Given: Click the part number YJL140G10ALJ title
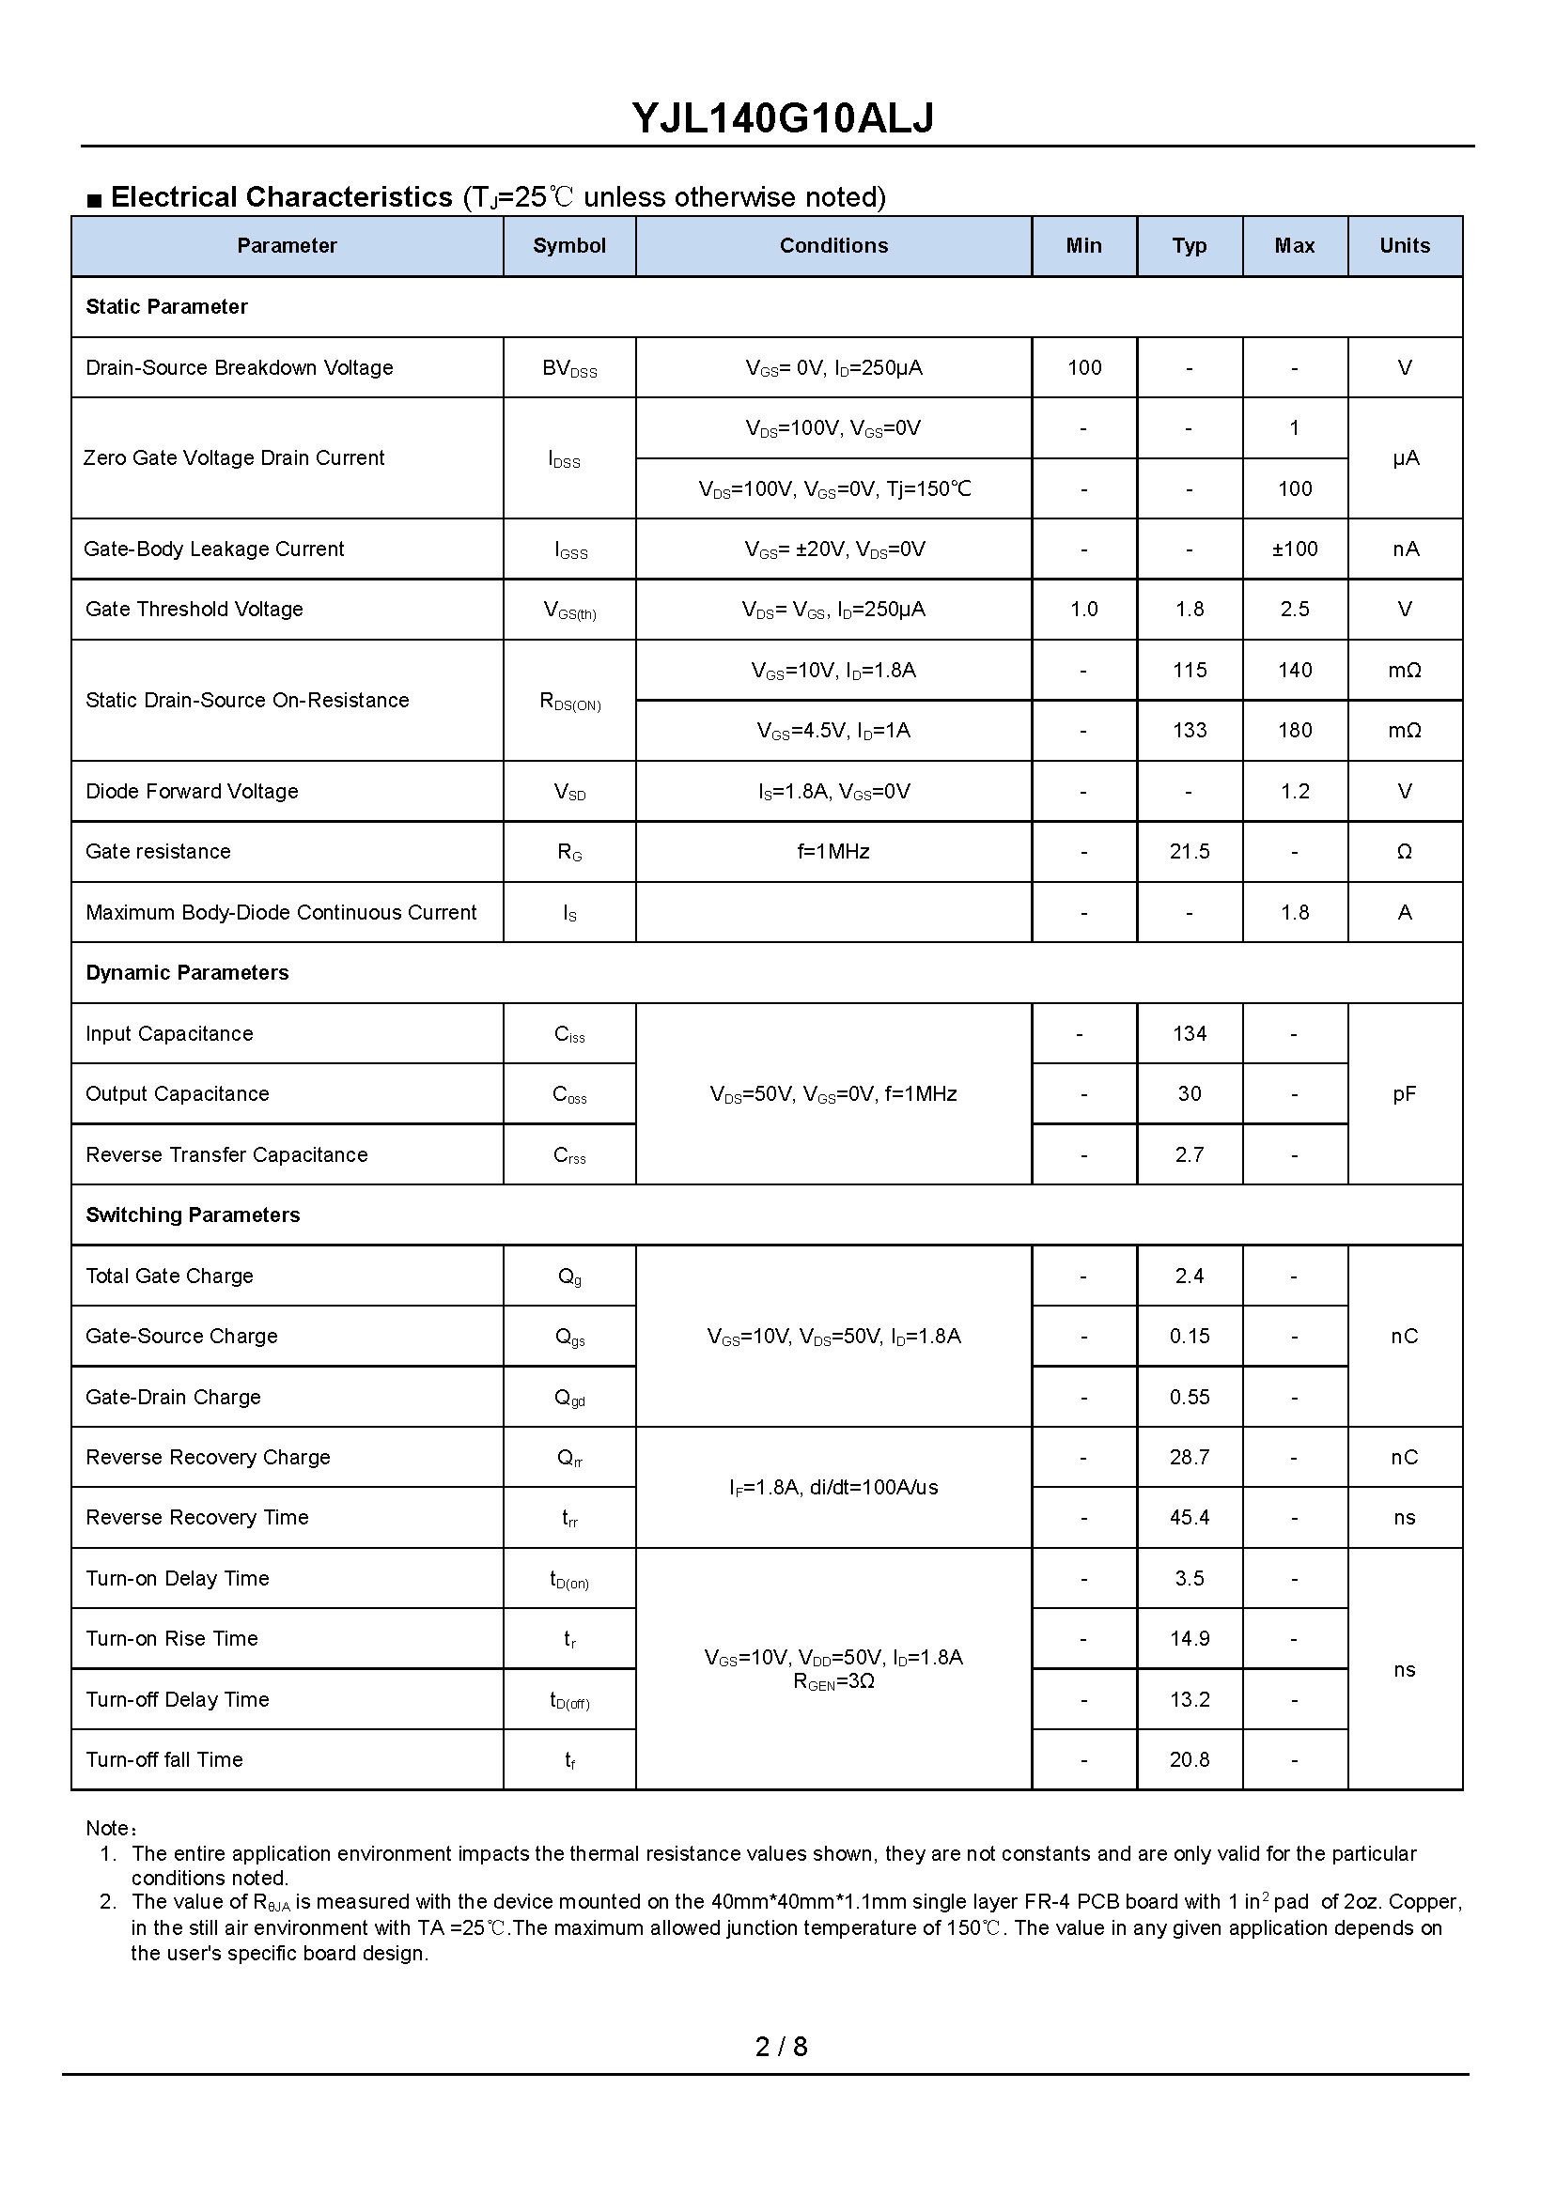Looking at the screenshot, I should coord(782,118).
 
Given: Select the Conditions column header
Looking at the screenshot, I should coord(832,246).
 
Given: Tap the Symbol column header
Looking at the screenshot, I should coord(569,246).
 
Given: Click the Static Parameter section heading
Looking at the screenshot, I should coord(166,306).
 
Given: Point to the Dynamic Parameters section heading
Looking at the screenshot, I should coord(187,973).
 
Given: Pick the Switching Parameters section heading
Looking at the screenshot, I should coord(193,1215).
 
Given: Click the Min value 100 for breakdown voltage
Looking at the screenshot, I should coord(1083,368).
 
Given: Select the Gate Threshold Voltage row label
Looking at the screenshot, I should coord(194,609).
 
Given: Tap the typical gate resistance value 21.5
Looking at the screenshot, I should coord(1189,851).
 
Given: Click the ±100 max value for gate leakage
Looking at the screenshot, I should coord(1295,549).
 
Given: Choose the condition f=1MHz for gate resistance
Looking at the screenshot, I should coord(832,851).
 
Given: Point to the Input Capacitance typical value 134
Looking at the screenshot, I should coord(1189,1033).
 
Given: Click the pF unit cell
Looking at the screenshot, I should coord(1404,1093).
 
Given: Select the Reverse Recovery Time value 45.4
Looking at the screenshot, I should coord(1189,1518).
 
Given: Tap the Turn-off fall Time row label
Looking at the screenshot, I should coord(163,1760).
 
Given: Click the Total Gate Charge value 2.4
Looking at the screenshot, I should coord(1189,1276).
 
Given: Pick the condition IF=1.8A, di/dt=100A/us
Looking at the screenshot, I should coord(832,1487).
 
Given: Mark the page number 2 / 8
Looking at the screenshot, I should coord(781,2047).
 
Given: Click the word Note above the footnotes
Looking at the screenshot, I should coord(107,1828).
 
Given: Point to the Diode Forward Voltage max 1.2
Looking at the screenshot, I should coord(1295,791).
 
